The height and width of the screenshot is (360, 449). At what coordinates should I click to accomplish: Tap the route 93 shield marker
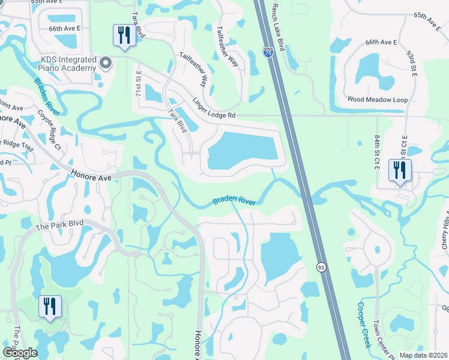pyautogui.click(x=322, y=267)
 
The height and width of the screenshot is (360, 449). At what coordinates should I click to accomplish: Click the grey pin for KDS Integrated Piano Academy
pyautogui.click(x=106, y=62)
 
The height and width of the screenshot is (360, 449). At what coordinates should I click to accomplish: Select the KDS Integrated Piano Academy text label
pyautogui.click(x=68, y=64)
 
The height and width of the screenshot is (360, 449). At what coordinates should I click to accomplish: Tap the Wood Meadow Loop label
pyautogui.click(x=378, y=100)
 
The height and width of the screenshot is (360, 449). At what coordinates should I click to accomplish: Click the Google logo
pyautogui.click(x=20, y=353)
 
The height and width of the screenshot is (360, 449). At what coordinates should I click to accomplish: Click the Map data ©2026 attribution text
pyautogui.click(x=423, y=355)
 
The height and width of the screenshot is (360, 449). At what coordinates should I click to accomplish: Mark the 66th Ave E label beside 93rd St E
pyautogui.click(x=382, y=42)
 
